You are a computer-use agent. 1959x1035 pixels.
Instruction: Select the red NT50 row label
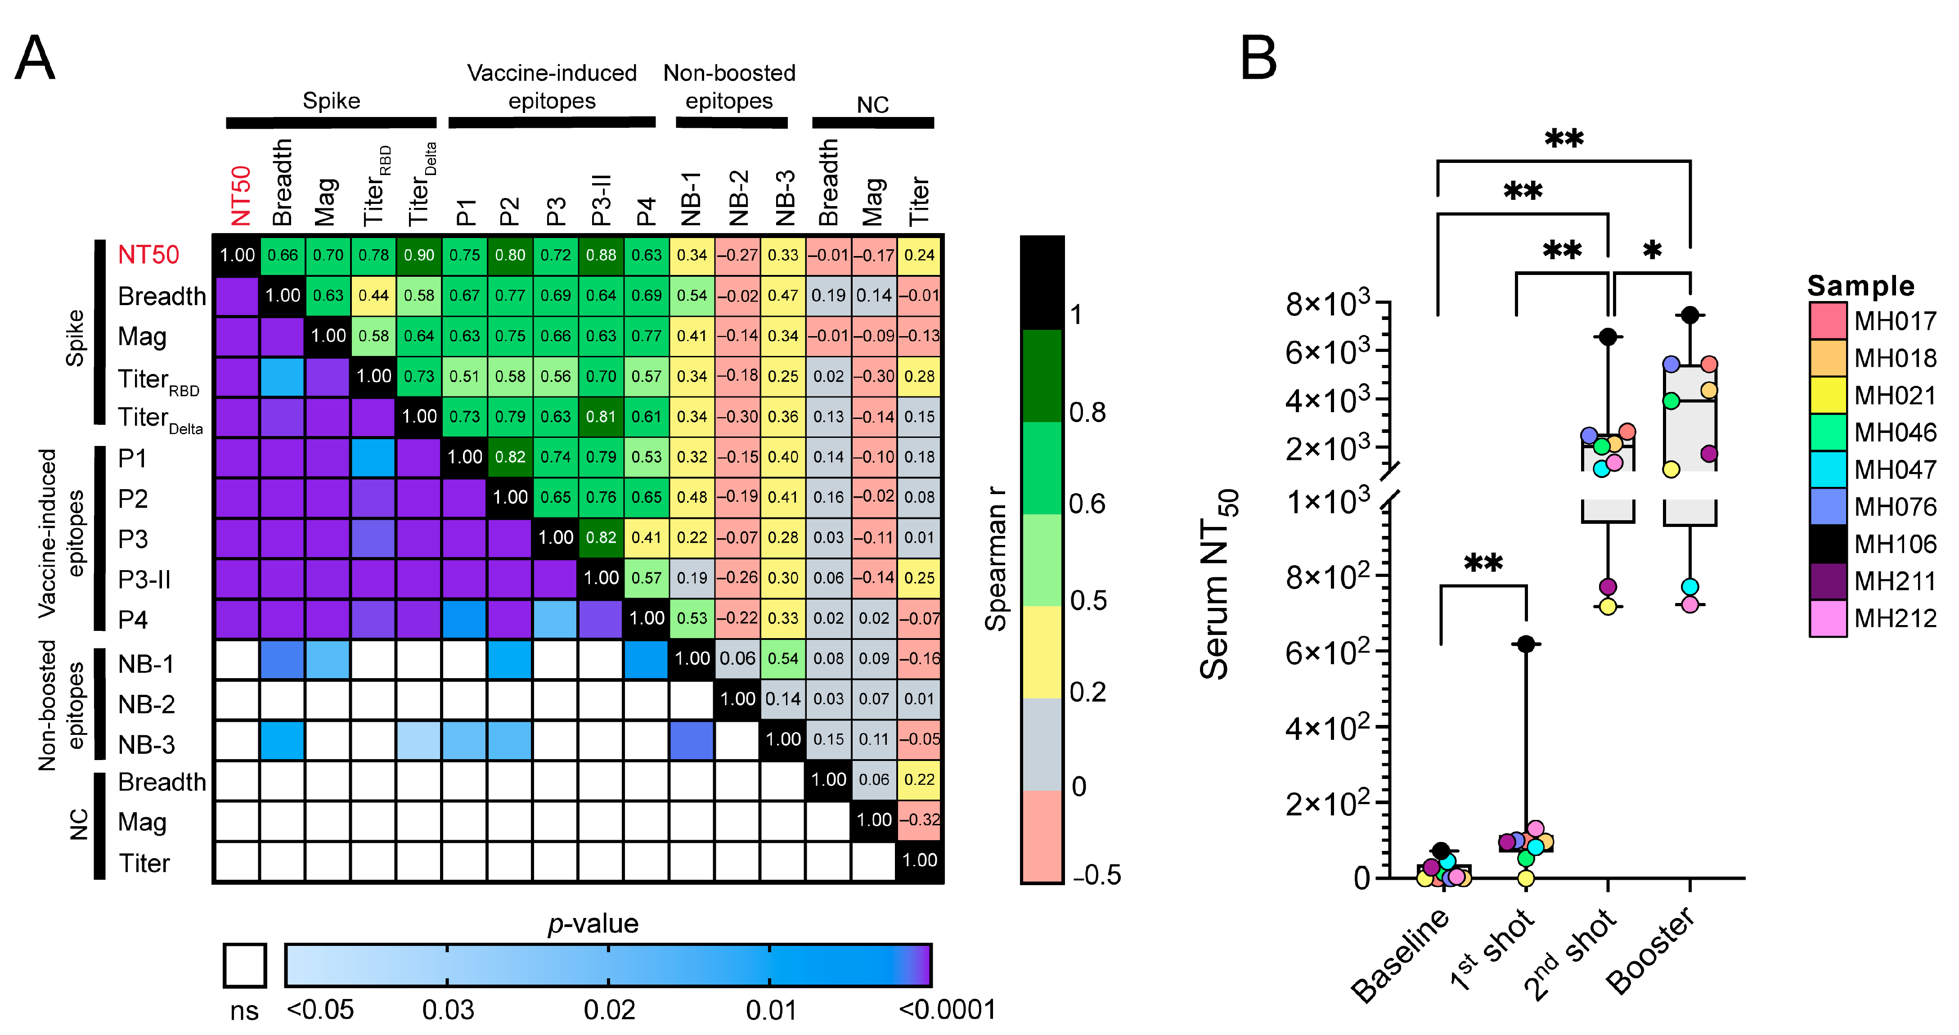(148, 255)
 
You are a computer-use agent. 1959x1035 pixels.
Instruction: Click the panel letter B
(1258, 58)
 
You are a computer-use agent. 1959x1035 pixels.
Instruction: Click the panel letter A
(35, 58)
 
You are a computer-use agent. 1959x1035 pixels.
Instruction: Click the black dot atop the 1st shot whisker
(1526, 644)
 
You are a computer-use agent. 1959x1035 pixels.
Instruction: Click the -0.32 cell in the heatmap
(919, 820)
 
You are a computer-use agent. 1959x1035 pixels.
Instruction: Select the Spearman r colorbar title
(996, 559)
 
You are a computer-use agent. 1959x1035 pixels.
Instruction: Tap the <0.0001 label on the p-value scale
(947, 1010)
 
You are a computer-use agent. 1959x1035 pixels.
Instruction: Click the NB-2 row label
(146, 704)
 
